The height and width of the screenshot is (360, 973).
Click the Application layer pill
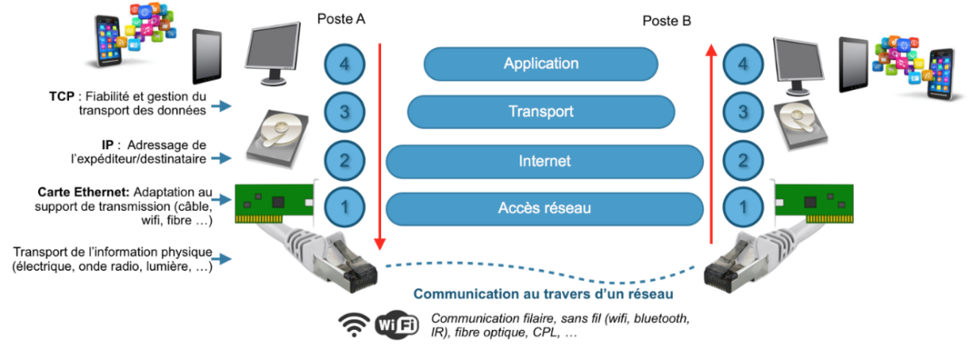tap(541, 63)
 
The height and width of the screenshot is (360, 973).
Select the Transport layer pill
tap(541, 112)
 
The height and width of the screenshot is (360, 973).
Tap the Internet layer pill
tap(544, 161)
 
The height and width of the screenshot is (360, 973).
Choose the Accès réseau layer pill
tap(544, 208)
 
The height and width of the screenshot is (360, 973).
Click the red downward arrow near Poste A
tap(379, 146)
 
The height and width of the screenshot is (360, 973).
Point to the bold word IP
tap(108, 144)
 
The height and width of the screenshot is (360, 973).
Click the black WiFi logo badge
tap(396, 326)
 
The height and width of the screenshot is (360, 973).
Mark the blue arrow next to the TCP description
tap(220, 106)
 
